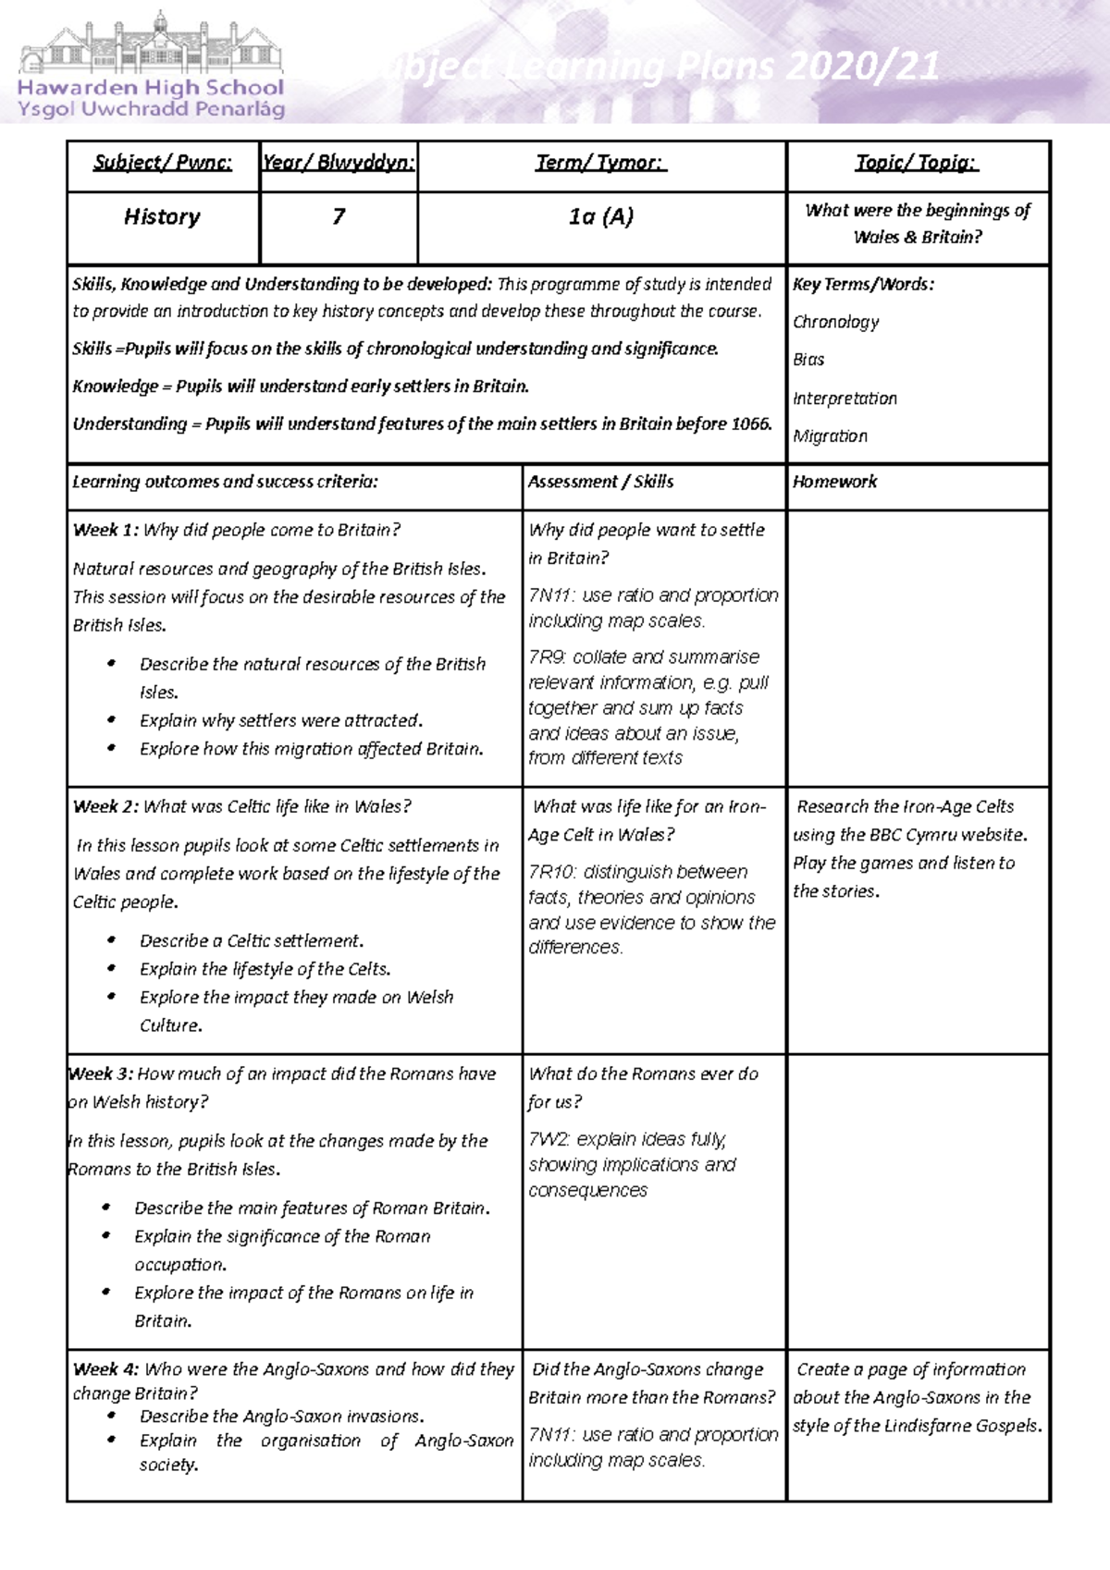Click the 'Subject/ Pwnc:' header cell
(x=163, y=163)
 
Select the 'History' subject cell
(x=163, y=216)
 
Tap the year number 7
(x=339, y=216)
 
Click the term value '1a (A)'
(x=601, y=216)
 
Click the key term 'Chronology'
(x=835, y=322)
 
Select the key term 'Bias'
(x=808, y=360)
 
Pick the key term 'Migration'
(x=830, y=435)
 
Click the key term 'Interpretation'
(x=845, y=399)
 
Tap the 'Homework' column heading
(x=834, y=482)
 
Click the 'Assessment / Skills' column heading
(x=600, y=482)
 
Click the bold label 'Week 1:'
(x=105, y=530)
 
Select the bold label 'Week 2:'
(x=105, y=806)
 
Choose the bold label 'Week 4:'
(x=105, y=1369)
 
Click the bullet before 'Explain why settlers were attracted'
(x=112, y=720)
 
